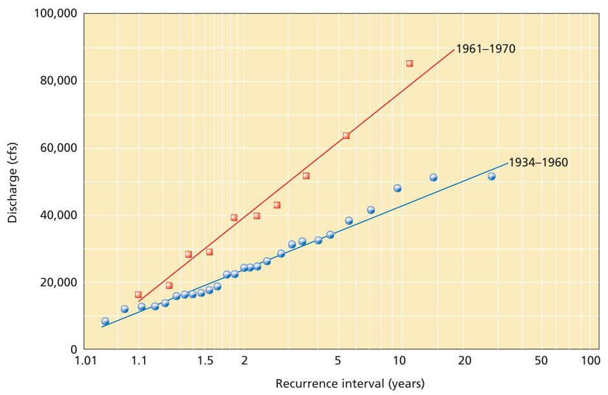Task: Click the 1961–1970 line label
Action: tap(485, 48)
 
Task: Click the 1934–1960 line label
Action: tap(538, 162)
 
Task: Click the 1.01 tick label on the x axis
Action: tap(85, 361)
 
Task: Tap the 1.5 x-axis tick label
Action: tap(205, 361)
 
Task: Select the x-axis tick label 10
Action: tap(399, 361)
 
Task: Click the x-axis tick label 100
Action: tap(590, 361)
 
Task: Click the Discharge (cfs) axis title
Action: tap(12, 182)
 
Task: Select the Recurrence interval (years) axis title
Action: tap(350, 383)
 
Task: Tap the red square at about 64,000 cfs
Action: tap(346, 136)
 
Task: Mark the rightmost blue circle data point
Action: tap(491, 176)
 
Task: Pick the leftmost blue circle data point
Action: tap(105, 321)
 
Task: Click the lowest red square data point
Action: tap(138, 295)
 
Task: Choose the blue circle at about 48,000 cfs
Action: tap(397, 188)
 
